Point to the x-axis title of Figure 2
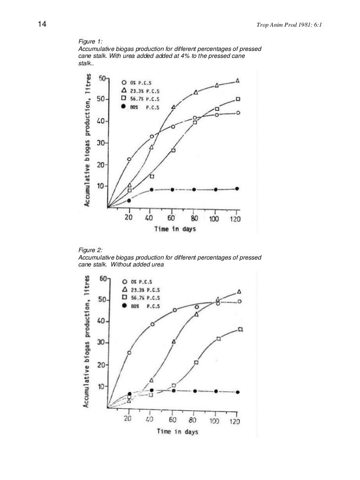pyautogui.click(x=178, y=431)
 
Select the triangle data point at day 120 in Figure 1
pyautogui.click(x=238, y=81)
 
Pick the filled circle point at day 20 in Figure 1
pyautogui.click(x=129, y=200)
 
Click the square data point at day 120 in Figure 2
pyautogui.click(x=240, y=329)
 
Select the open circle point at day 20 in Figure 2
pyautogui.click(x=129, y=352)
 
